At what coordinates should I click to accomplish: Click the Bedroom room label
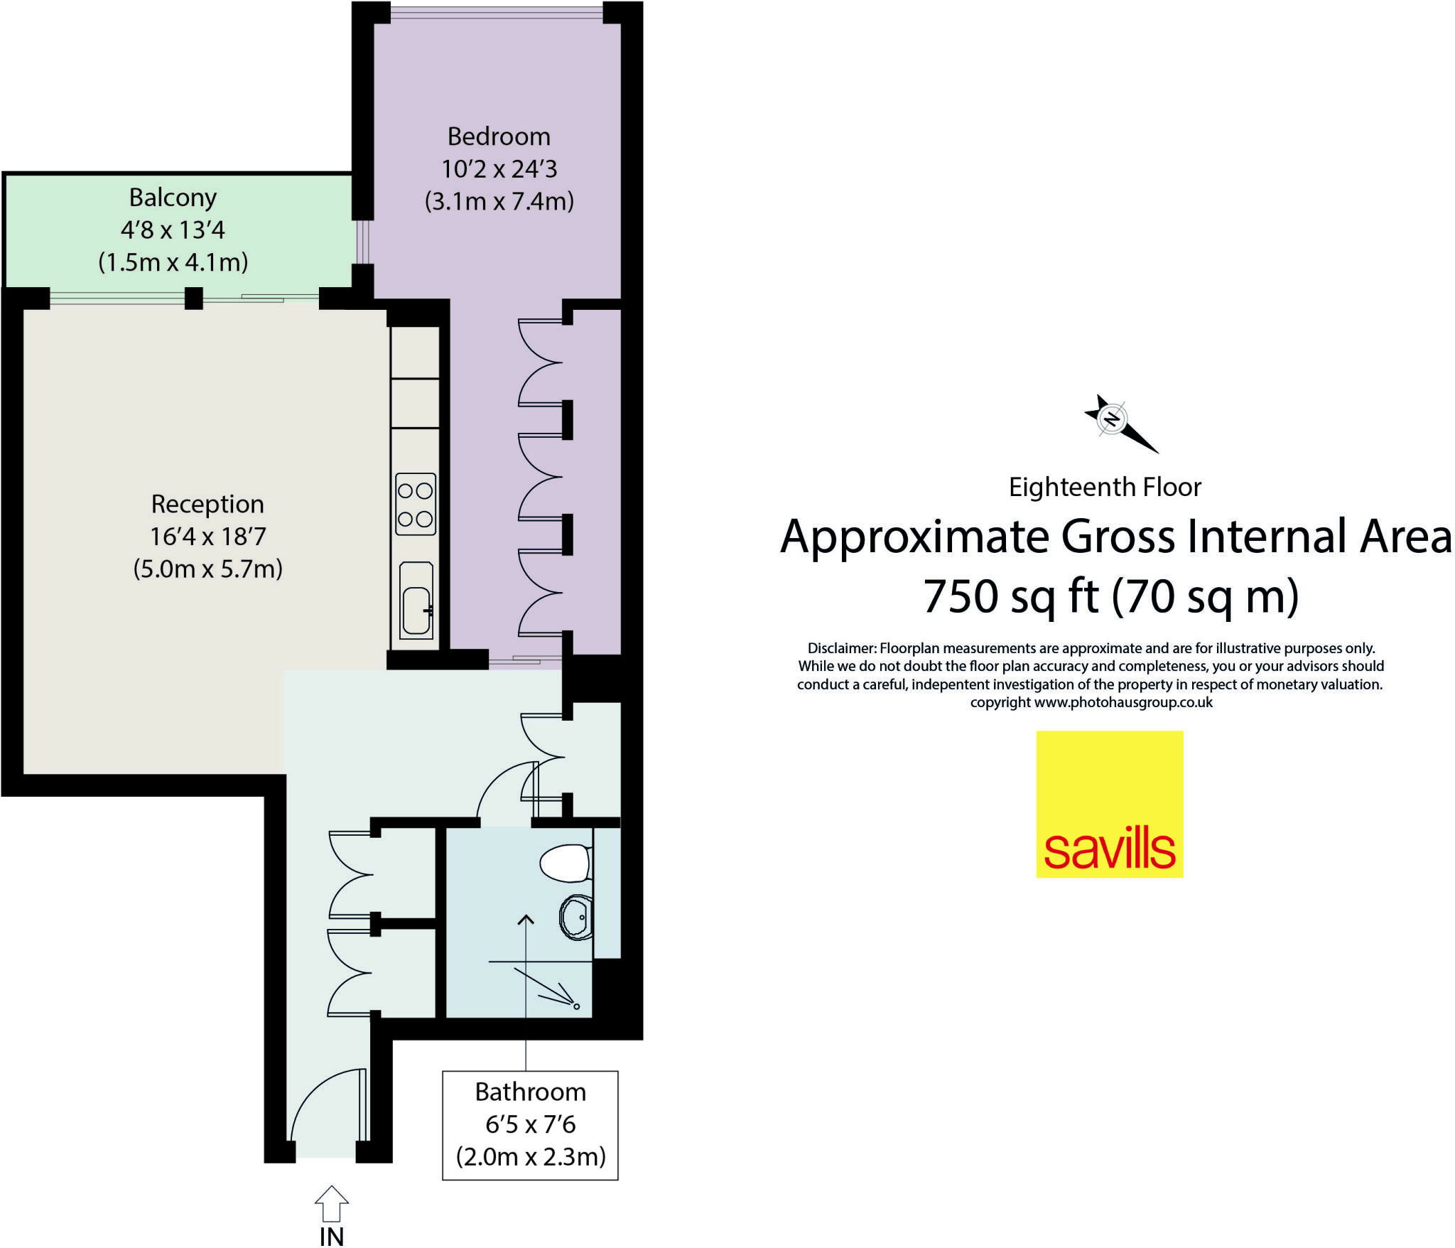[499, 136]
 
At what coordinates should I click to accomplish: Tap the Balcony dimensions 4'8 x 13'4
[173, 230]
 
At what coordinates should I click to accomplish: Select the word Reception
[207, 504]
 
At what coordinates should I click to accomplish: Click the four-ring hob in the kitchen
[416, 504]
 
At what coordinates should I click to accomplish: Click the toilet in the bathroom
[566, 863]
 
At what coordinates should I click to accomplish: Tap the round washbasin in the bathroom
[576, 917]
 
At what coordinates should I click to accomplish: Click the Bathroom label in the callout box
[531, 1092]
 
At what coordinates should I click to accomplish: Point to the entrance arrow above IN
[332, 1203]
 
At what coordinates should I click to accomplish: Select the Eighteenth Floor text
[1105, 488]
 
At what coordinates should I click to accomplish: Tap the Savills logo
[1109, 804]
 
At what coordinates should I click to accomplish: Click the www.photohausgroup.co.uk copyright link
[1123, 703]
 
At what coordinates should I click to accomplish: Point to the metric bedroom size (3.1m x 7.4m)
[499, 202]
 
